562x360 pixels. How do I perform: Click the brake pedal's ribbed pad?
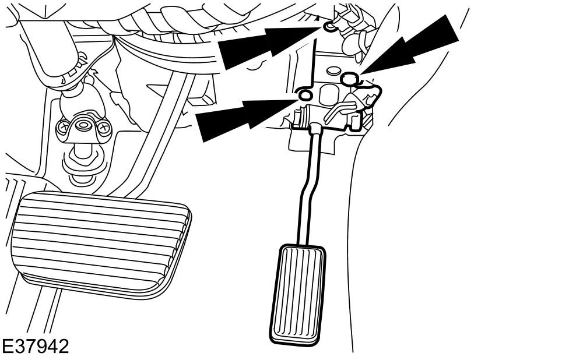tap(100, 245)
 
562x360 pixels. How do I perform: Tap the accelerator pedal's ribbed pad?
tap(298, 294)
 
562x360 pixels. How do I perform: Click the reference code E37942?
tap(35, 347)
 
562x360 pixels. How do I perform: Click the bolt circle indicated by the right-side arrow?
tap(349, 79)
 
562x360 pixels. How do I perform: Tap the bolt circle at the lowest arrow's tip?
tap(305, 96)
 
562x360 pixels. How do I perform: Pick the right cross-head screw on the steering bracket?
tap(103, 127)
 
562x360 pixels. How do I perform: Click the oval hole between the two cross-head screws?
tap(83, 126)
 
